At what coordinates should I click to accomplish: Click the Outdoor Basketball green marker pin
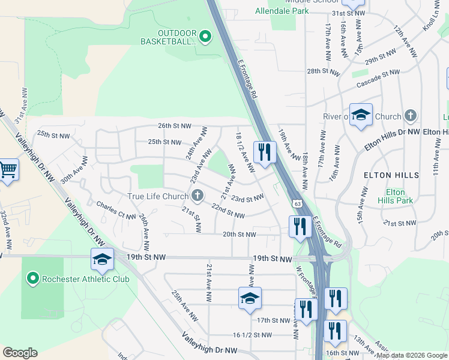[205, 37]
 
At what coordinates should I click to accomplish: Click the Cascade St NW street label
[378, 78]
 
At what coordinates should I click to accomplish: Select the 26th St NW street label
[174, 126]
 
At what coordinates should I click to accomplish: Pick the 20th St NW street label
[240, 235]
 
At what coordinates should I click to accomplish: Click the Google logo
[20, 353]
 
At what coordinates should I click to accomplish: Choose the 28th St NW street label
[324, 71]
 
